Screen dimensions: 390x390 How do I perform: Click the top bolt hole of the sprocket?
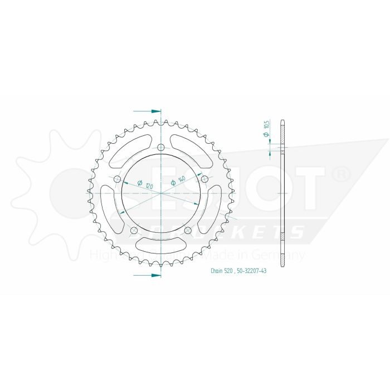click(x=161, y=148)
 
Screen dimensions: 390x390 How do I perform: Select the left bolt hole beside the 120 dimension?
click(x=118, y=179)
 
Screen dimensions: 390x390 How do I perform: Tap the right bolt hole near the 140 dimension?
click(x=204, y=179)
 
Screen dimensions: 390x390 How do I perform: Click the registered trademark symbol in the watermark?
click(x=340, y=175)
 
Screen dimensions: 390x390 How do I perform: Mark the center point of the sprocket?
click(x=161, y=193)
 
